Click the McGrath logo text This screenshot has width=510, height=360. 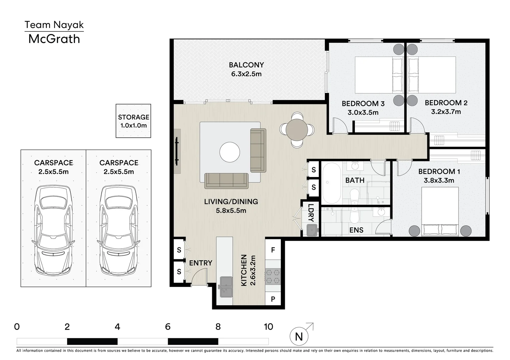(x=54, y=39)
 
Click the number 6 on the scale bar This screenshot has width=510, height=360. (x=168, y=327)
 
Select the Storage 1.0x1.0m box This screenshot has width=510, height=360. (x=133, y=121)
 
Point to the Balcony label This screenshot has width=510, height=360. (x=246, y=65)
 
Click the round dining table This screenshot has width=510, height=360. (x=297, y=130)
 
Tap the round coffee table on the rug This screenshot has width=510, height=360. (x=230, y=152)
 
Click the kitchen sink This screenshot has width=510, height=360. (x=226, y=287)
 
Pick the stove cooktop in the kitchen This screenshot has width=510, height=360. (x=273, y=276)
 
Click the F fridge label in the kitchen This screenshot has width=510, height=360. (x=273, y=250)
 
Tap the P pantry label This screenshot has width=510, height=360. (x=273, y=299)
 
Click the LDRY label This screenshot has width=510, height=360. (x=311, y=213)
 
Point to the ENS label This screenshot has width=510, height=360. (x=356, y=230)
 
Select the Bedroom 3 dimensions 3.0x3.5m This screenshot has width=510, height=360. (x=363, y=112)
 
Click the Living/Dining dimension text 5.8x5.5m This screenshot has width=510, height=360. (x=231, y=210)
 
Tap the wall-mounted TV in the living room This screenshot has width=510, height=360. (x=177, y=151)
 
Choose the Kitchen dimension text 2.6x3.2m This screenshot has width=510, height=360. (x=253, y=270)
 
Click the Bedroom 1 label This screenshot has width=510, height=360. (x=439, y=172)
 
